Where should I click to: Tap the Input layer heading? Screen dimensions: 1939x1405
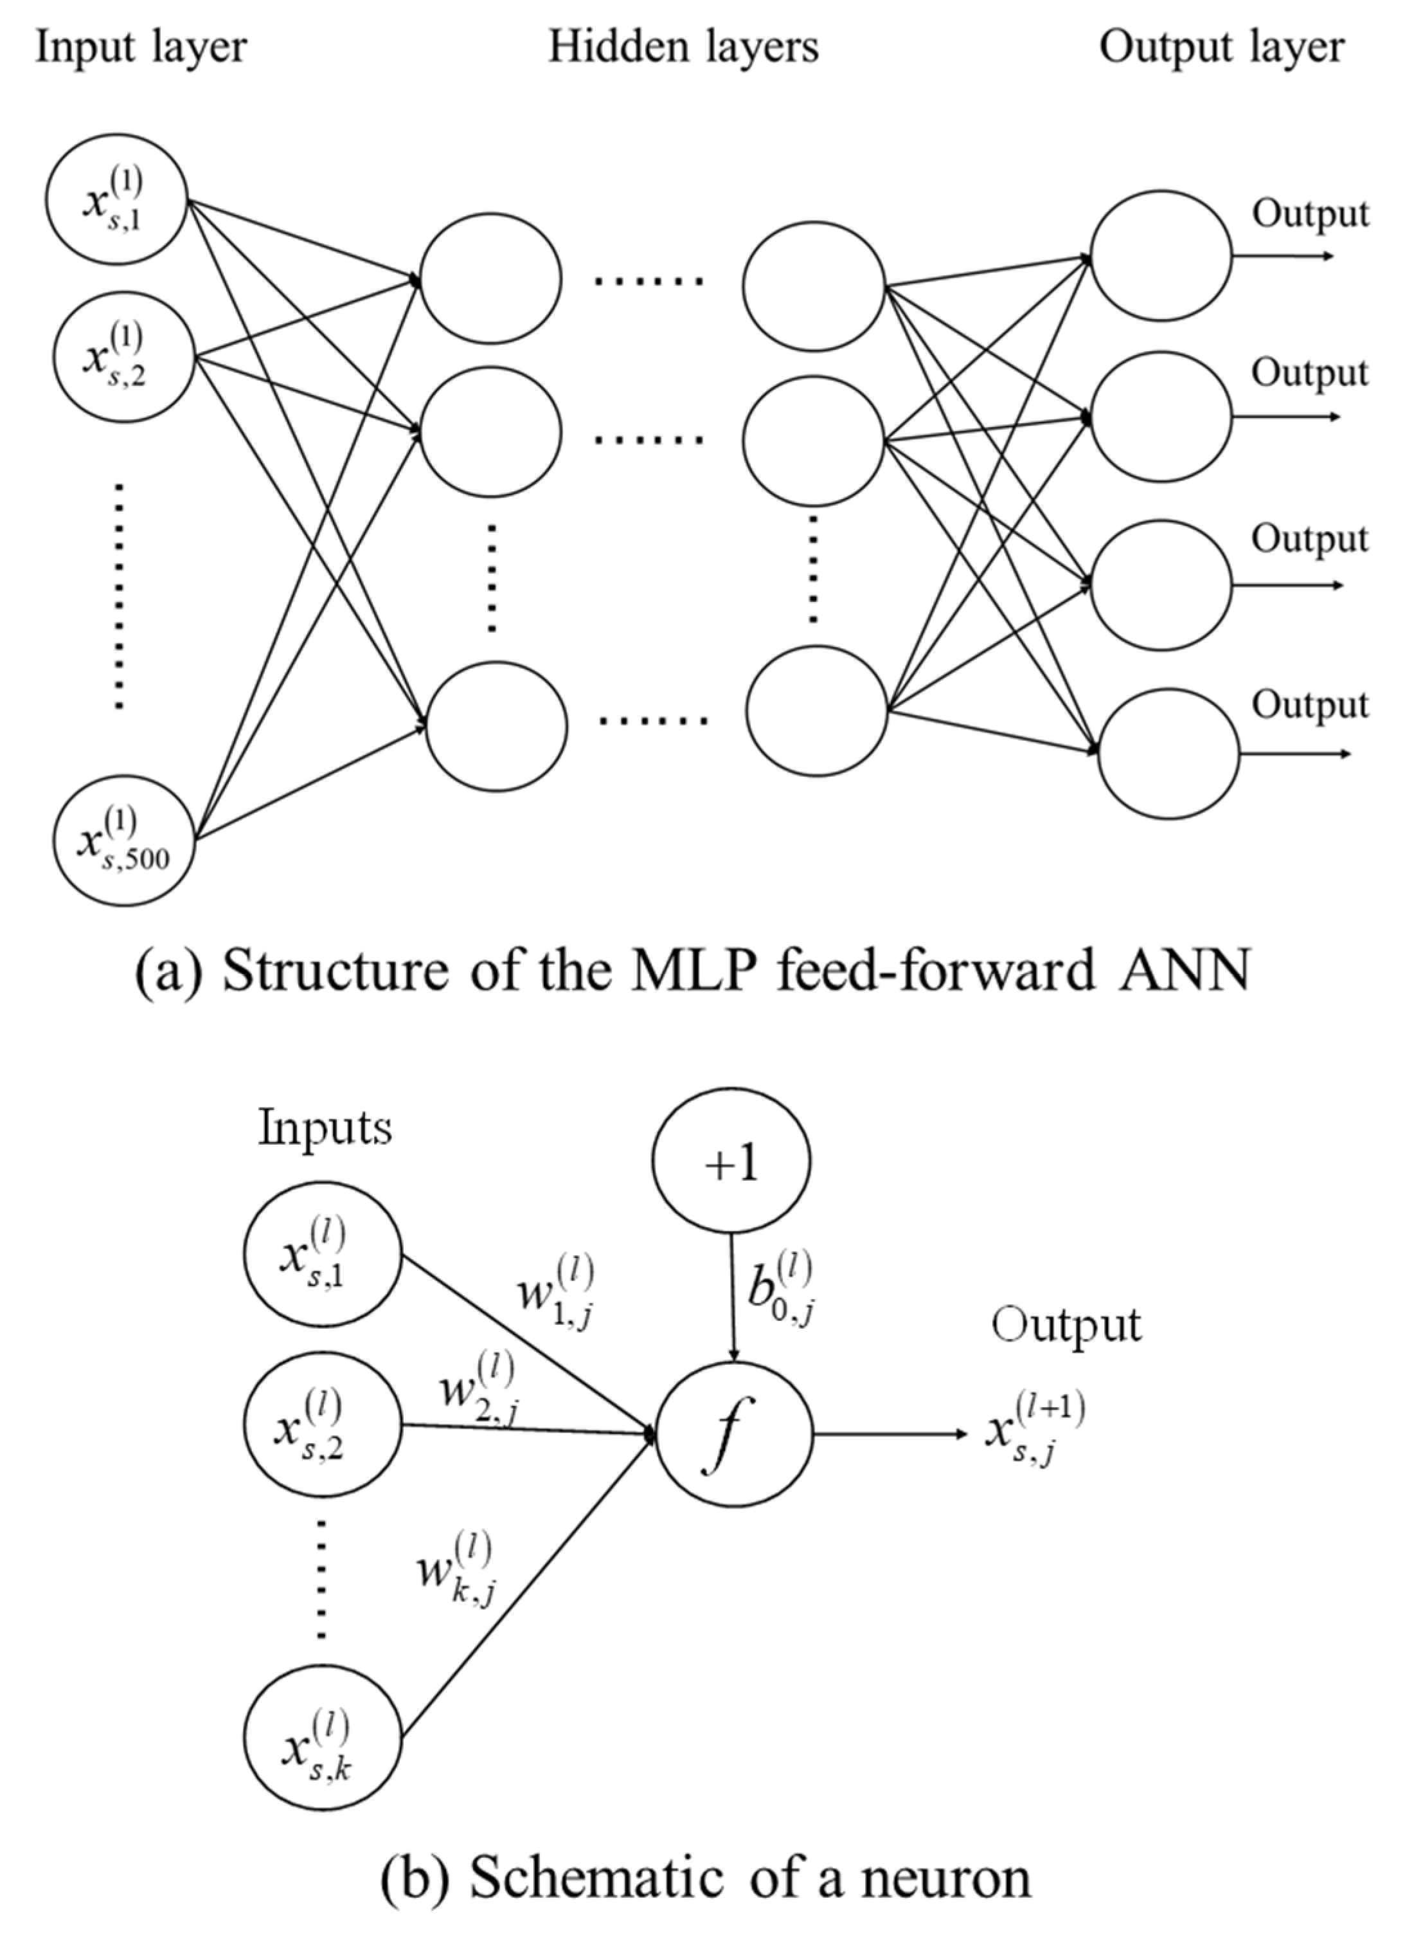[x=140, y=47]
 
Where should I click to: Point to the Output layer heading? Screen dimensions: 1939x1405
[x=1221, y=47]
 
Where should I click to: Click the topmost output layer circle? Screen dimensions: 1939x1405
[x=1161, y=255]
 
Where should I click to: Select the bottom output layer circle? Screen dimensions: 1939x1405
[x=1168, y=753]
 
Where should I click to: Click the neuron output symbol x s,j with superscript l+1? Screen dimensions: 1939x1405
[x=1034, y=1430]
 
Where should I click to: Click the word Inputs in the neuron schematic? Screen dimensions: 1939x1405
[x=325, y=1129]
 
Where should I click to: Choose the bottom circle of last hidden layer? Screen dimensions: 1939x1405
[x=817, y=711]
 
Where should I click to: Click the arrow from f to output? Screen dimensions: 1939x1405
[x=889, y=1435]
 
